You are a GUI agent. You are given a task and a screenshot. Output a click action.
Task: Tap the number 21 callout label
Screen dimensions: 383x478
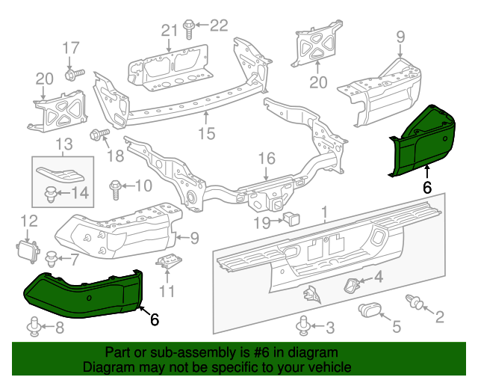[x=169, y=30]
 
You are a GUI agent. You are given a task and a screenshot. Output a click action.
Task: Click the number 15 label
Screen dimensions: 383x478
[x=205, y=134]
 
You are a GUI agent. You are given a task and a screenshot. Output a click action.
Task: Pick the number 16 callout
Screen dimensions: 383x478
[x=267, y=159]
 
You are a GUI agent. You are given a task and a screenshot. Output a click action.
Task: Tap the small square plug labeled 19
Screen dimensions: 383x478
[x=290, y=218]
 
